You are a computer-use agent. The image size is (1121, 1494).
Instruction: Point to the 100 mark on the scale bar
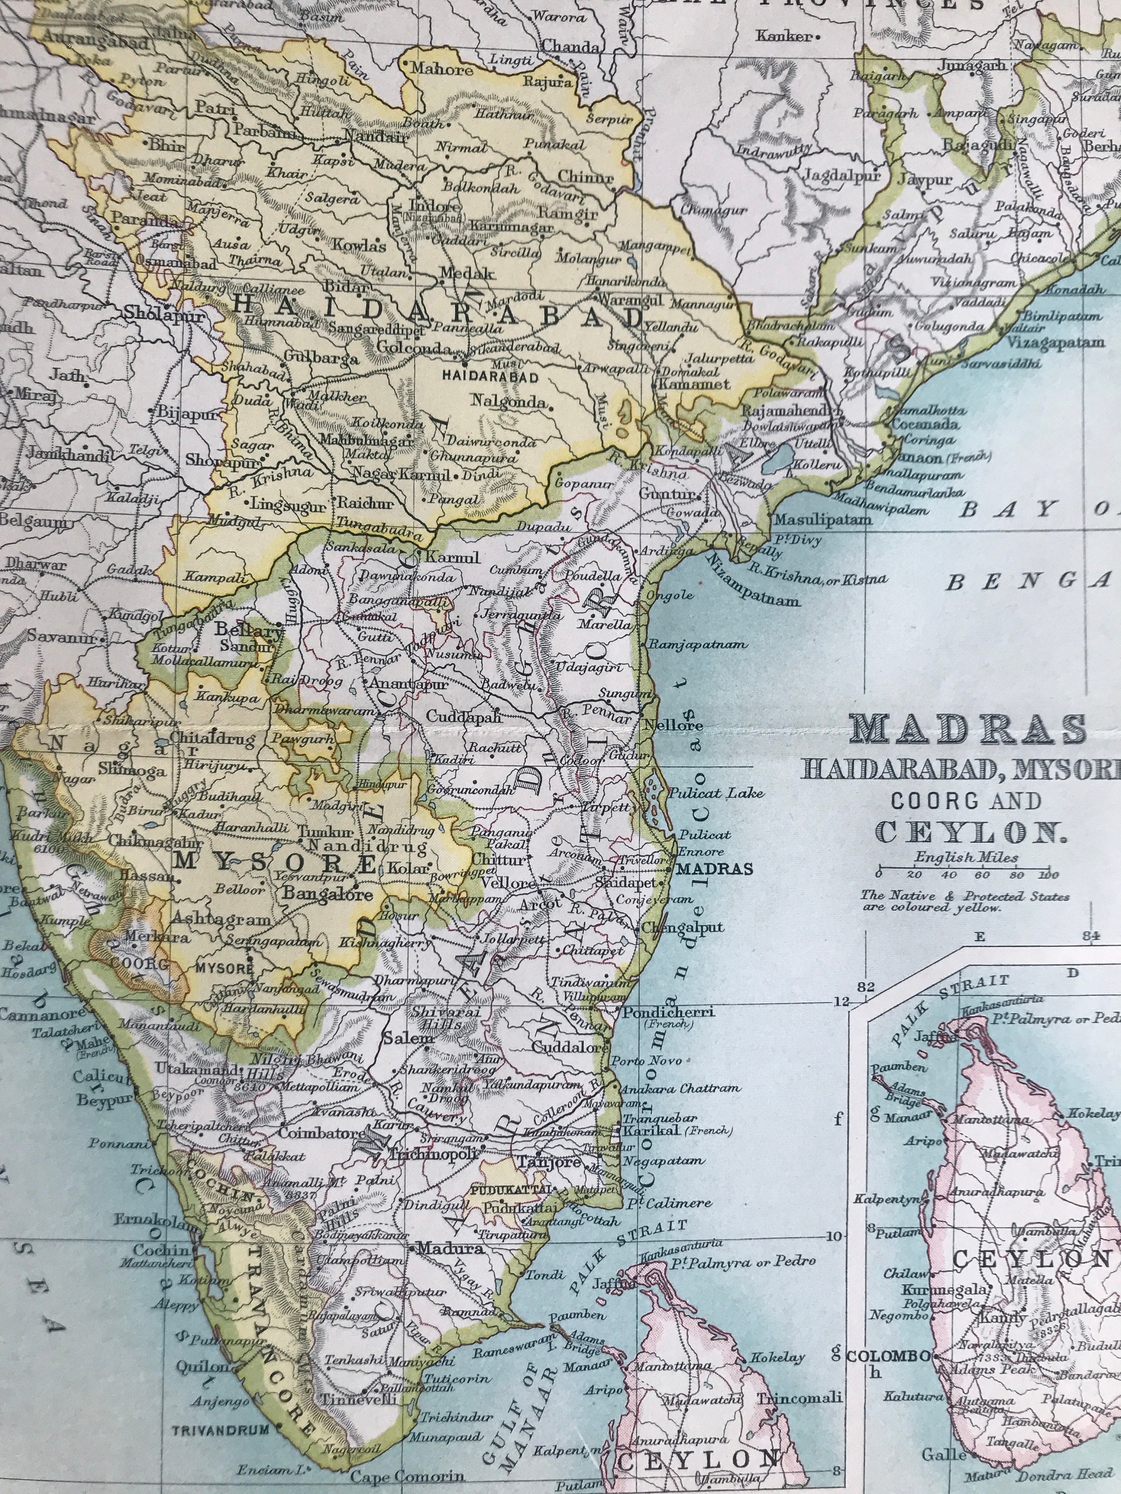coord(1048,875)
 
